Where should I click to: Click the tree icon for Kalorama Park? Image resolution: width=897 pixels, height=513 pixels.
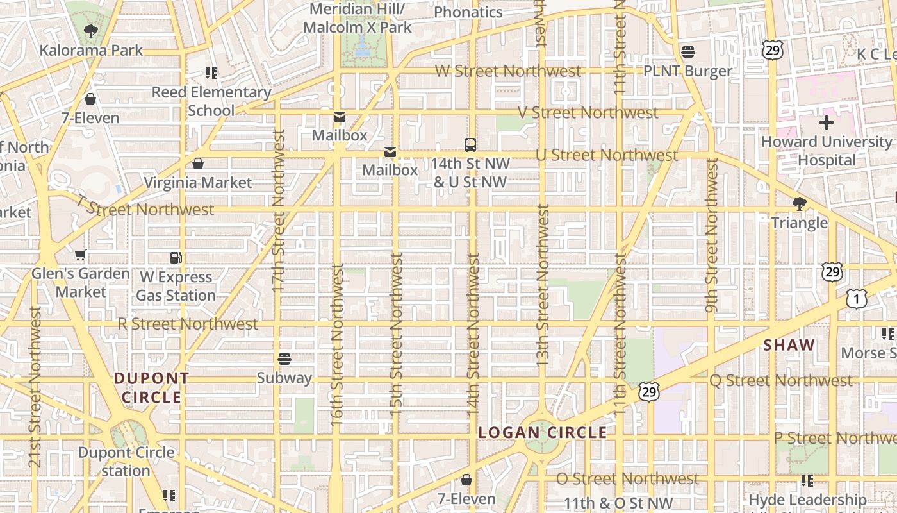tap(90, 31)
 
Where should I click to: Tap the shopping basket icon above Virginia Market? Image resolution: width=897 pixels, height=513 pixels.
tap(198, 164)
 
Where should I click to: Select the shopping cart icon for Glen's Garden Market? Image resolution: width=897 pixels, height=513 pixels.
tap(80, 255)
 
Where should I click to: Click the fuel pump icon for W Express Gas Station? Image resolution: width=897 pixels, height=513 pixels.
tap(176, 258)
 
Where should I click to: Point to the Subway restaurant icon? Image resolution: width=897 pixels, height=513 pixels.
tap(284, 359)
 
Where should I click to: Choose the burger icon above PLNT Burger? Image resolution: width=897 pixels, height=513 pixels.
tap(688, 51)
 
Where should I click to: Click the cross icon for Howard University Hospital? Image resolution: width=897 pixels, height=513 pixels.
tap(827, 122)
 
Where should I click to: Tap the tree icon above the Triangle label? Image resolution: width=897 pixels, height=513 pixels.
tap(799, 204)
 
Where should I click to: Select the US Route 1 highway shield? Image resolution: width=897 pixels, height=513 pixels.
tap(856, 298)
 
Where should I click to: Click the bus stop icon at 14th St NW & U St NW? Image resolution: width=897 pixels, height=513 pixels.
tap(470, 144)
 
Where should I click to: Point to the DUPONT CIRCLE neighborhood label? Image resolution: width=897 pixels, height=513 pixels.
tap(152, 388)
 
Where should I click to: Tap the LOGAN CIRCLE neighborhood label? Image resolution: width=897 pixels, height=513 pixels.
tap(543, 433)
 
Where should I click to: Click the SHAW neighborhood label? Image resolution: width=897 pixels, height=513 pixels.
tap(789, 345)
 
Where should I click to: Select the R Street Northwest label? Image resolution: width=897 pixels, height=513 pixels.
tap(188, 324)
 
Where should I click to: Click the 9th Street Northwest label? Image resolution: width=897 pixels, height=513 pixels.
tap(711, 236)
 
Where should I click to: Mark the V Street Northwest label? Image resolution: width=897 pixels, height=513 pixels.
tap(588, 113)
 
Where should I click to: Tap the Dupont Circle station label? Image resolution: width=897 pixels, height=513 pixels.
tap(126, 462)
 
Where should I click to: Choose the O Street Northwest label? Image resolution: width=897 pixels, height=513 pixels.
tap(627, 479)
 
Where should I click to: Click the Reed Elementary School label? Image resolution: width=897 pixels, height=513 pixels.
tap(211, 101)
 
